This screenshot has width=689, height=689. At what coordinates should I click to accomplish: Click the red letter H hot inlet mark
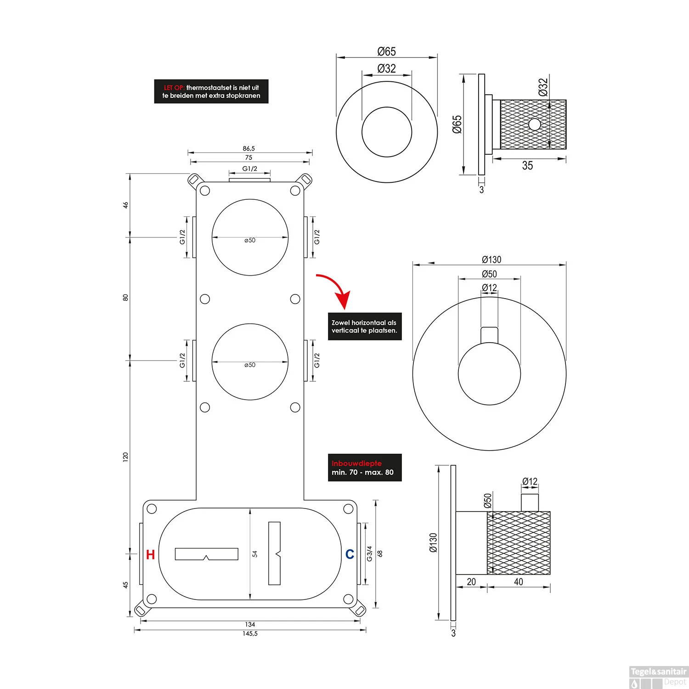pyautogui.click(x=150, y=554)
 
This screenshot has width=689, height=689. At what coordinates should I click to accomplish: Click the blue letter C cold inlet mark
pyautogui.click(x=350, y=554)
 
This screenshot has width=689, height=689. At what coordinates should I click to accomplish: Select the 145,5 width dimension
pyautogui.click(x=249, y=633)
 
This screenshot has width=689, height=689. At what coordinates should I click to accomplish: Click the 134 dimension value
pyautogui.click(x=250, y=624)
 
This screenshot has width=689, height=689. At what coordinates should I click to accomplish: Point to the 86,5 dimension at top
pyautogui.click(x=248, y=148)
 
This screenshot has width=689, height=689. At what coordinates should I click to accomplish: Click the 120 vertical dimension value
pyautogui.click(x=125, y=457)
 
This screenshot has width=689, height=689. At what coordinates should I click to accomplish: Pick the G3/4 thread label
pyautogui.click(x=369, y=553)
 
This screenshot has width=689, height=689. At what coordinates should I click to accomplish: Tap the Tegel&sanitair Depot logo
pyautogui.click(x=658, y=677)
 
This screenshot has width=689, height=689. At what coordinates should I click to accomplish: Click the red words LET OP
pyautogui.click(x=174, y=88)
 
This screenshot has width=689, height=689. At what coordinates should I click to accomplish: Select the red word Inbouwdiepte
pyautogui.click(x=356, y=463)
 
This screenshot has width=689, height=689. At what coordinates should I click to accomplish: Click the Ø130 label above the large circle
pyautogui.click(x=491, y=260)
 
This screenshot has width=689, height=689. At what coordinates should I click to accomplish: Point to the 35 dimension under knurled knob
pyautogui.click(x=527, y=166)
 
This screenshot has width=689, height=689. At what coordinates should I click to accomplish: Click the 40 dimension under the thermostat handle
pyautogui.click(x=518, y=582)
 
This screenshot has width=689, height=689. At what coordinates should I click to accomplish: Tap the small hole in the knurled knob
pyautogui.click(x=534, y=124)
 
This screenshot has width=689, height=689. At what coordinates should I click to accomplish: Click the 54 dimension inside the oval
pyautogui.click(x=255, y=554)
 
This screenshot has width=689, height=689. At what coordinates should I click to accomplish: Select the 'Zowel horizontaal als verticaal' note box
pyautogui.click(x=364, y=327)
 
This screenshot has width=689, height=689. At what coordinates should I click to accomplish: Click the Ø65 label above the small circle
pyautogui.click(x=386, y=51)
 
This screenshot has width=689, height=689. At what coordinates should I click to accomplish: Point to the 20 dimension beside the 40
pyautogui.click(x=471, y=582)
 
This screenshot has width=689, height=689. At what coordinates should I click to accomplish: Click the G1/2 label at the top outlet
pyautogui.click(x=249, y=169)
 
